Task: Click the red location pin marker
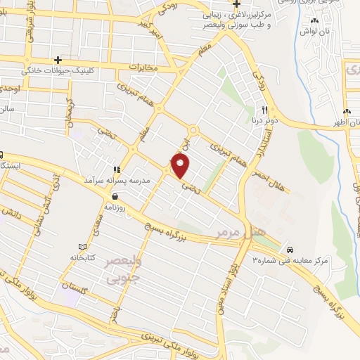(x=181, y=166)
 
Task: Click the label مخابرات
(x=142, y=67)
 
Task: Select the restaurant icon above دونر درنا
(x=265, y=110)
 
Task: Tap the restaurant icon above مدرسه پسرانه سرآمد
(x=117, y=169)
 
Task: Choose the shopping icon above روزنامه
(x=115, y=197)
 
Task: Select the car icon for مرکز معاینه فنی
(x=290, y=250)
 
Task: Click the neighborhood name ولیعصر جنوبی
(x=122, y=270)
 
